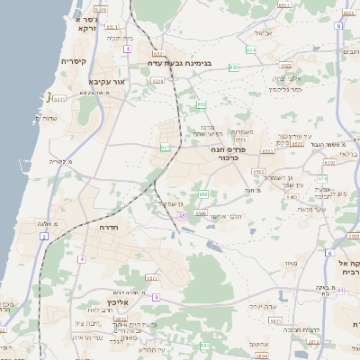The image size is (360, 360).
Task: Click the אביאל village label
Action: pyautogui.click(x=262, y=32)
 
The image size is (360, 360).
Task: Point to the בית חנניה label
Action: pyautogui.click(x=120, y=39)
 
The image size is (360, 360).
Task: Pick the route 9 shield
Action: pyautogui.click(x=156, y=297)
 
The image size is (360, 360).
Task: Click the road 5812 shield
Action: pyautogui.click(x=121, y=319)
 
